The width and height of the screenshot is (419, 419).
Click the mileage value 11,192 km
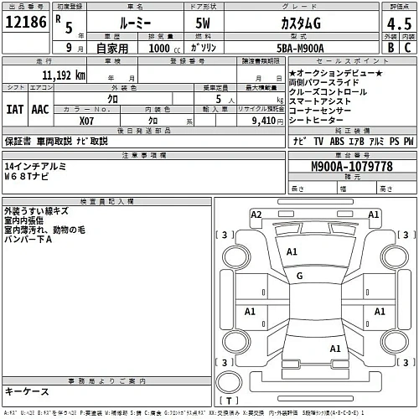[57, 75]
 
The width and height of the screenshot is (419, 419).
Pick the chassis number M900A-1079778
[350, 167]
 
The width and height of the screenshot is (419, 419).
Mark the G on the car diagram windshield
[299, 276]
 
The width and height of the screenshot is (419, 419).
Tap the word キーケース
[27, 391]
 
